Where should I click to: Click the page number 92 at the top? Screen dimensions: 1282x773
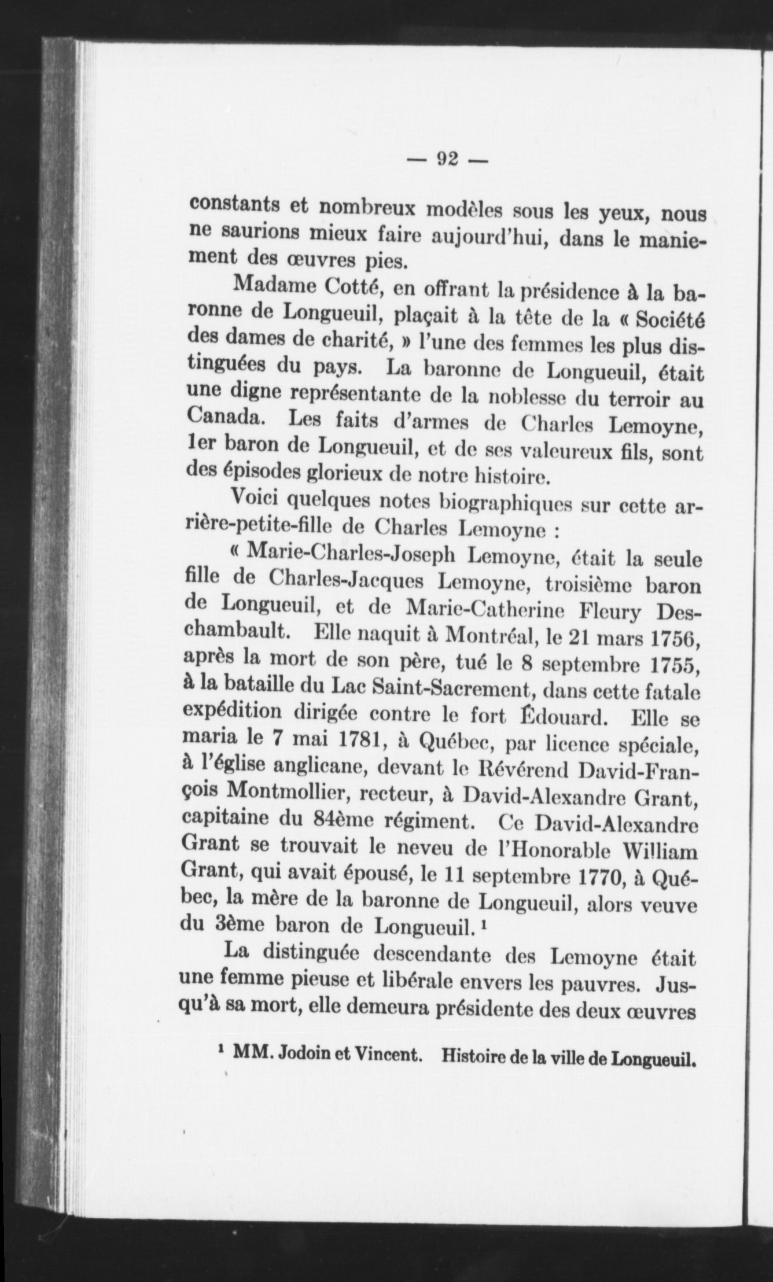(x=448, y=158)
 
